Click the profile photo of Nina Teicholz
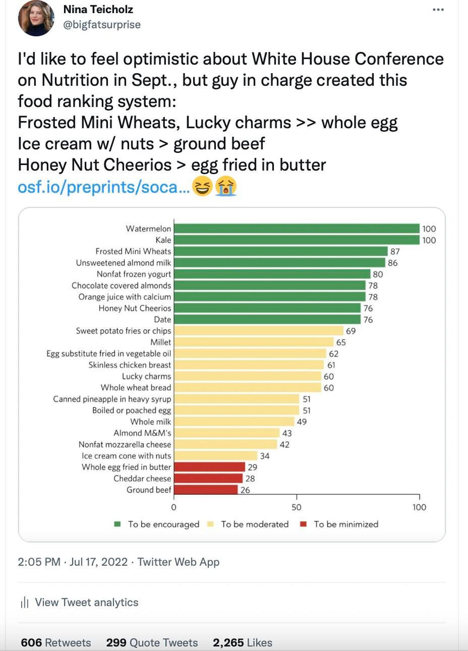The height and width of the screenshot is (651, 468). pyautogui.click(x=36, y=18)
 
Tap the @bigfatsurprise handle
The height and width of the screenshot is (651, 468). pyautogui.click(x=102, y=24)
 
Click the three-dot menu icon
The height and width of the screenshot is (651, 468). pyautogui.click(x=438, y=10)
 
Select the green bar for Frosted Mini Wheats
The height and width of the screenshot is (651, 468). pyautogui.click(x=281, y=251)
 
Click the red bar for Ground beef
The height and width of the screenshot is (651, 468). pyautogui.click(x=206, y=490)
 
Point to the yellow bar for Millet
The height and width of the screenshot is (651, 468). pyautogui.click(x=254, y=342)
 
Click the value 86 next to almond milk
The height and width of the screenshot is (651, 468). pyautogui.click(x=393, y=263)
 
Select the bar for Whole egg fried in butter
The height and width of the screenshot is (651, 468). pyautogui.click(x=209, y=467)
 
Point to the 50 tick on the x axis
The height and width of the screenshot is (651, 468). pyautogui.click(x=296, y=507)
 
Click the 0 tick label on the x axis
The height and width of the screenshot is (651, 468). pyautogui.click(x=174, y=507)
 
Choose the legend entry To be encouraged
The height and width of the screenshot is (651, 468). pyautogui.click(x=163, y=524)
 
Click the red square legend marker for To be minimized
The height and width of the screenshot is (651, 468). pyautogui.click(x=304, y=524)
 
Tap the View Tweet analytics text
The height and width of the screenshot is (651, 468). pyautogui.click(x=86, y=602)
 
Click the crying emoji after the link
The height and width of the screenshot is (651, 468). pyautogui.click(x=226, y=188)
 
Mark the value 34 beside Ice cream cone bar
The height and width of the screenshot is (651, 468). pyautogui.click(x=265, y=456)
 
